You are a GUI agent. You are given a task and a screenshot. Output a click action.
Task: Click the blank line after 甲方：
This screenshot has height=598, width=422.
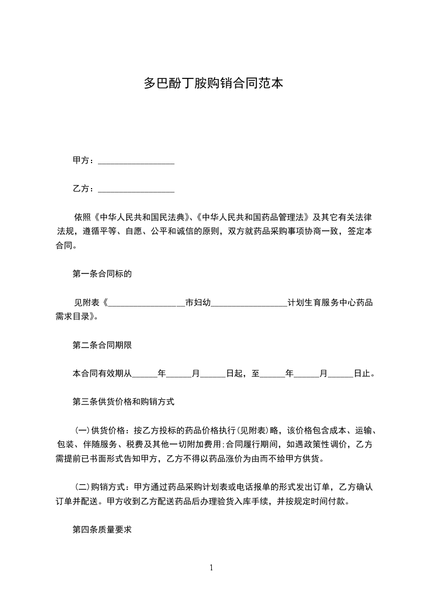pos(137,161)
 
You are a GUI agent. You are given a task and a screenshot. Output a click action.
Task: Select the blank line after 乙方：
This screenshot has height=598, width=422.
pos(137,189)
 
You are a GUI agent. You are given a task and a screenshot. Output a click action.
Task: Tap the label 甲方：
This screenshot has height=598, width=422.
pos(84,160)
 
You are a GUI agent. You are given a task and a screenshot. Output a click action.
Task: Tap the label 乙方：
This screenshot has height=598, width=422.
pos(84,189)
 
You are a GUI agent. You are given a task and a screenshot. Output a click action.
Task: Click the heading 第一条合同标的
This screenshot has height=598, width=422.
pos(102,274)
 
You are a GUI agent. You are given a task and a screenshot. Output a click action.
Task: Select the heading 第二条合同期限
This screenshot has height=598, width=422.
pos(102,345)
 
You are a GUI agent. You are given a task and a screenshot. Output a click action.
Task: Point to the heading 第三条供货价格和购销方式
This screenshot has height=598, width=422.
pos(123,402)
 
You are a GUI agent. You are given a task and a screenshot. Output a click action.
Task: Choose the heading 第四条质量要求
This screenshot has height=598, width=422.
pos(102,530)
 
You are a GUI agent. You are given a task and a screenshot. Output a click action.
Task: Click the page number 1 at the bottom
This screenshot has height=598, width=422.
pos(211,568)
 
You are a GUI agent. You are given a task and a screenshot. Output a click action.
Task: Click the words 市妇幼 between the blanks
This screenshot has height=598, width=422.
pos(198,303)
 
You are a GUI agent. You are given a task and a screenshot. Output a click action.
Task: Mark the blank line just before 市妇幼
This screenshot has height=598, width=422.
pos(146,304)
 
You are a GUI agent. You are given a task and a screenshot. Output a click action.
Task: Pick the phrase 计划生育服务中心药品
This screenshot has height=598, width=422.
pos(330,303)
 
